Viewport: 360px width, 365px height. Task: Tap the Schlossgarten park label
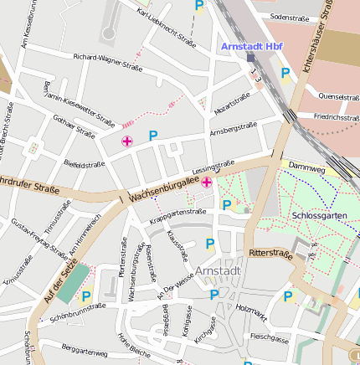tap(319, 215)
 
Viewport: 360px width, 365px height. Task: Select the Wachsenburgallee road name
tap(164, 189)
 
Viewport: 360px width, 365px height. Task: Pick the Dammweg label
tap(306, 167)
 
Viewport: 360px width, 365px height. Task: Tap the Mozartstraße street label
tap(232, 103)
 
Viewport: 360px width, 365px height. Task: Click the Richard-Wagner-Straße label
tap(108, 61)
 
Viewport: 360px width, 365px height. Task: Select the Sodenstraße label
tap(291, 17)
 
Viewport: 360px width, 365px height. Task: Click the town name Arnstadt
tap(218, 271)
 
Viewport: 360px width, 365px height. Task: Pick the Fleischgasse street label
tap(269, 339)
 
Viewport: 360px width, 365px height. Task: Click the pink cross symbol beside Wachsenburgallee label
tap(206, 181)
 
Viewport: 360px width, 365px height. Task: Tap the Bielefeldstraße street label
tap(85, 165)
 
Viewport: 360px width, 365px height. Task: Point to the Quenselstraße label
tap(338, 96)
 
